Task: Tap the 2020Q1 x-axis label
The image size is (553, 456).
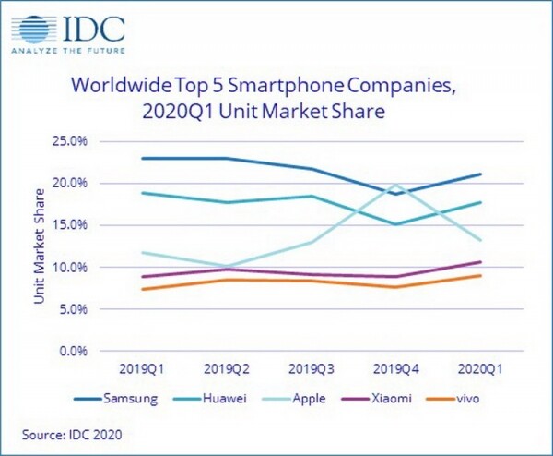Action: tap(480, 370)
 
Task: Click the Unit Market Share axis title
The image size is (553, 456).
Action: tap(40, 246)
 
